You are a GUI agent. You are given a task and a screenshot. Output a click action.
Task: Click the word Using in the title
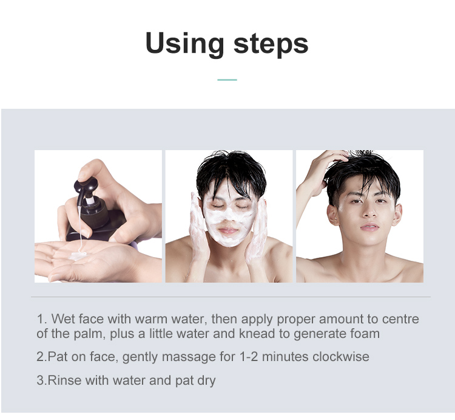click(x=184, y=44)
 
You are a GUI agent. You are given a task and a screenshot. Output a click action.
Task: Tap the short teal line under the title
click(x=227, y=80)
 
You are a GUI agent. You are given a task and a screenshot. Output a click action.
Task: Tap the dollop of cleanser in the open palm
click(x=77, y=256)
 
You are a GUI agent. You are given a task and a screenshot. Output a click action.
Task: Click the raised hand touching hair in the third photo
click(x=319, y=174)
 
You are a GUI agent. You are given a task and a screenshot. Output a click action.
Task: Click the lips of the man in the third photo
click(x=369, y=227)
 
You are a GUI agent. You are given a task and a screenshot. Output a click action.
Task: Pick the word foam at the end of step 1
click(x=365, y=334)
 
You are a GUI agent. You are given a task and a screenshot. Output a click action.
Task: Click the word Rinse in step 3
click(x=64, y=380)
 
